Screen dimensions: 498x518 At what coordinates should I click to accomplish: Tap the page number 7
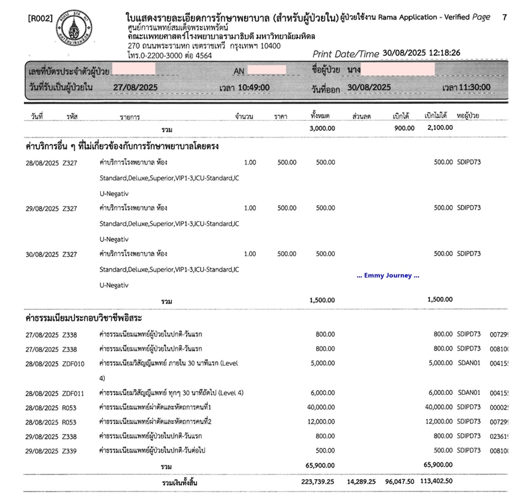pos(504,18)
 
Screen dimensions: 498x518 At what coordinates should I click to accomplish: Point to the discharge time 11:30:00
pos(475,87)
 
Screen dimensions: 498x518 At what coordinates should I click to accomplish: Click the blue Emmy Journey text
pos(388,276)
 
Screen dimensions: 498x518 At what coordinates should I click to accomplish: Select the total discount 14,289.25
pos(364,483)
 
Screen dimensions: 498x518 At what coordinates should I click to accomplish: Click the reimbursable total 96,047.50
pos(402,483)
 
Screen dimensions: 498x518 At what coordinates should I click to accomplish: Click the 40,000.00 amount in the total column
pos(320,407)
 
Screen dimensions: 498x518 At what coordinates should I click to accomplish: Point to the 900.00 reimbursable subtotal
pos(405,128)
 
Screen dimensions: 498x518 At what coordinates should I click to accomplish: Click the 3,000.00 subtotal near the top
pos(321,128)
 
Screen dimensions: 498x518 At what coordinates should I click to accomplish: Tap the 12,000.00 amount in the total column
pos(320,421)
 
